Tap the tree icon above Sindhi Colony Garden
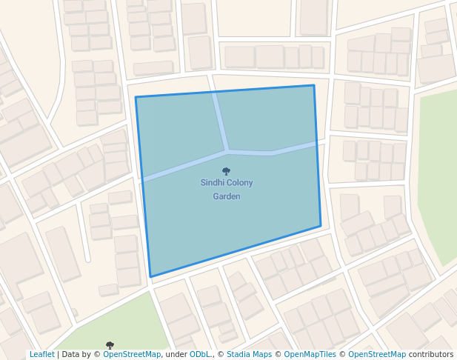coord(226,171)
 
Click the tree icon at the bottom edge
coord(110,344)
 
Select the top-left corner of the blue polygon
coord(136,97)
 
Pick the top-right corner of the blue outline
coord(313,85)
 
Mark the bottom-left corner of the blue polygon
coord(150,277)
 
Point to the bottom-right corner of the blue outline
coord(321,226)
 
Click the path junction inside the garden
coord(227,150)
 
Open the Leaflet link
coord(41,354)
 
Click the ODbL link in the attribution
coord(200,354)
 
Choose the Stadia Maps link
coord(249,354)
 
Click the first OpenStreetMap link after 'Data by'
coord(132,354)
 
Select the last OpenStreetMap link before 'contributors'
coord(377,354)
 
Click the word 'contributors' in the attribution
coord(430,354)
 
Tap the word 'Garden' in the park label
coord(227,196)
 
